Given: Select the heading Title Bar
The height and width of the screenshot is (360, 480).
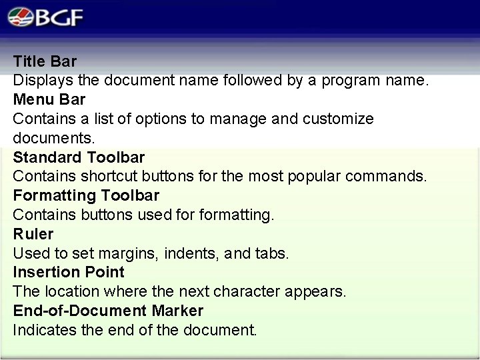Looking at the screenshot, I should (x=45, y=61).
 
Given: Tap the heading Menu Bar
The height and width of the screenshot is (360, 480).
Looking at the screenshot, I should (x=49, y=99).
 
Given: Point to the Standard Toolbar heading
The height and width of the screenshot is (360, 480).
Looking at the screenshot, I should (x=79, y=157).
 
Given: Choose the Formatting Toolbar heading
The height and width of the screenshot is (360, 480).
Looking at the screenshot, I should (x=86, y=195).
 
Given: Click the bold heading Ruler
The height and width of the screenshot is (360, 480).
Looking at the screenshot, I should (x=33, y=234).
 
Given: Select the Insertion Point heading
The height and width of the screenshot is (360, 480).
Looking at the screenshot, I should (x=69, y=272).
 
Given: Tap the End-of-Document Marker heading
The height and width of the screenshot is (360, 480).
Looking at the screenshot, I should (x=108, y=311).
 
